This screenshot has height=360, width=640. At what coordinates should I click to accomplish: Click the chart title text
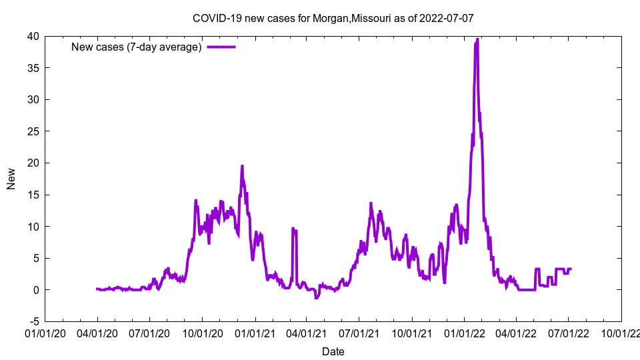(x=333, y=18)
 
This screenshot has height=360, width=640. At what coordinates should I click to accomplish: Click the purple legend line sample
(x=221, y=47)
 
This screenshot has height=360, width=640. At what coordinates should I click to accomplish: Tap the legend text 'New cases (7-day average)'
(x=137, y=47)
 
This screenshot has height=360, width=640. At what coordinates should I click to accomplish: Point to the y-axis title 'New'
(x=11, y=179)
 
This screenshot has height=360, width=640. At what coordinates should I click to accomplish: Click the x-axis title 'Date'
(x=333, y=351)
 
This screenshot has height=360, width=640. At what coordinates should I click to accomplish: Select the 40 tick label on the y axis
(x=33, y=36)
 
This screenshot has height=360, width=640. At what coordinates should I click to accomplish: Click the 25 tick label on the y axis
(x=33, y=131)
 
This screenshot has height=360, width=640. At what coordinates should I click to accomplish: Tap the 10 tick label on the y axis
(x=33, y=227)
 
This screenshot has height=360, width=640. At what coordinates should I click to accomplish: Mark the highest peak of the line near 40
(x=477, y=39)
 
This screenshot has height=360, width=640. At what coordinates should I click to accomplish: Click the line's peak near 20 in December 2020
(x=242, y=166)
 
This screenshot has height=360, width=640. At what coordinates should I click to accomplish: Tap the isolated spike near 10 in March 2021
(x=293, y=229)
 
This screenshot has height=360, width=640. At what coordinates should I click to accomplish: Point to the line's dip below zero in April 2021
(x=317, y=297)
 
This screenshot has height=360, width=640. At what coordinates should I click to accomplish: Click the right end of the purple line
(x=571, y=269)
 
